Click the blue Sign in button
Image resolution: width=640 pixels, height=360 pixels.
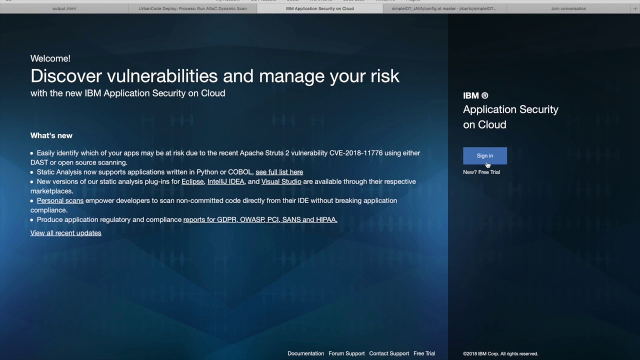pyautogui.click(x=484, y=155)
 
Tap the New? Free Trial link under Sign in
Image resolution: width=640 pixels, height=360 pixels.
pyautogui.click(x=481, y=172)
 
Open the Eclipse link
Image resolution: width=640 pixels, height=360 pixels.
pyautogui.click(x=192, y=181)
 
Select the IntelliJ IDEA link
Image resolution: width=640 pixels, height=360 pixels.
pyautogui.click(x=225, y=181)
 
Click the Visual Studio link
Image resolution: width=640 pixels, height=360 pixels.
pyautogui.click(x=281, y=181)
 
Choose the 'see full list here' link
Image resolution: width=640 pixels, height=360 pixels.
pyautogui.click(x=279, y=172)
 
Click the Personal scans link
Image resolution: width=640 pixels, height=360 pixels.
pyautogui.click(x=60, y=200)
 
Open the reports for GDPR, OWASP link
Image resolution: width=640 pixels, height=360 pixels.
pyautogui.click(x=260, y=219)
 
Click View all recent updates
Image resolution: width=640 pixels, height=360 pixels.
pyautogui.click(x=65, y=233)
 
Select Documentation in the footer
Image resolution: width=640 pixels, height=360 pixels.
pyautogui.click(x=305, y=353)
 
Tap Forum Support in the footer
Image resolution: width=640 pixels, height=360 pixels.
pyautogui.click(x=346, y=353)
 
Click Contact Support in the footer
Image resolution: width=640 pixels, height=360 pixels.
pyautogui.click(x=389, y=353)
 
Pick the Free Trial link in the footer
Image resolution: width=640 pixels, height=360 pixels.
pyautogui.click(x=424, y=353)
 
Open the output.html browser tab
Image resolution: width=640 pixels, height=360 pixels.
pyautogui.click(x=64, y=8)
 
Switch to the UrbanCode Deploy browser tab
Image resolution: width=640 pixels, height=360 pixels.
pyautogui.click(x=192, y=8)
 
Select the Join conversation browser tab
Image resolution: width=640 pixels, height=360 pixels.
pyautogui.click(x=568, y=8)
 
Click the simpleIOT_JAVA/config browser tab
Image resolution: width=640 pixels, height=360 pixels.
pyautogui.click(x=444, y=8)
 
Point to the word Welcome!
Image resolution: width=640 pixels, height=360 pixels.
pyautogui.click(x=50, y=58)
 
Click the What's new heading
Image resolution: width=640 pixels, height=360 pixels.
pyautogui.click(x=51, y=135)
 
